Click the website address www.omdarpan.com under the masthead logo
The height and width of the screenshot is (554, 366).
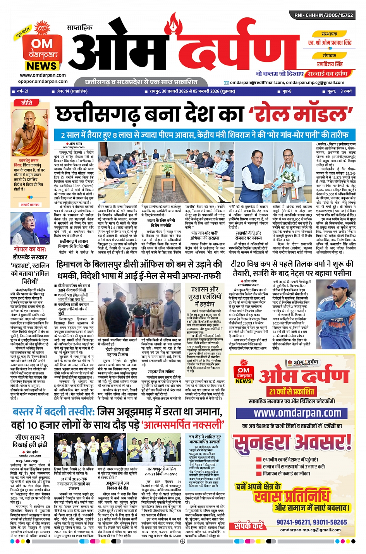(x=43, y=75)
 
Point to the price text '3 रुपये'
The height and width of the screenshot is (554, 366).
(x=346, y=91)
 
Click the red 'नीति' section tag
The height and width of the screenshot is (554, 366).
(x=27, y=103)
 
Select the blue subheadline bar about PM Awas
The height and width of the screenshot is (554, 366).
(x=204, y=135)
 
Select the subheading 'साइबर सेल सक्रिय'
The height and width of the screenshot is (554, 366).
(x=161, y=371)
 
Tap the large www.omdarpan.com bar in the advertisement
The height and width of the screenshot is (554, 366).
(x=297, y=413)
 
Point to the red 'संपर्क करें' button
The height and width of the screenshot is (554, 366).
(x=249, y=526)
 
